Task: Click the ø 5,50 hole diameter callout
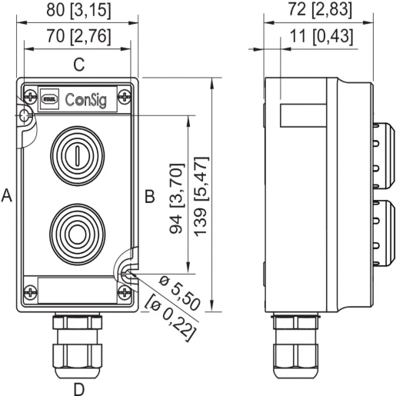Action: [x=179, y=293]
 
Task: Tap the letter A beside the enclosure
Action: [x=7, y=195]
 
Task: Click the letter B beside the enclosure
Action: [x=150, y=196]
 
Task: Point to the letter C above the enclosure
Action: [x=79, y=65]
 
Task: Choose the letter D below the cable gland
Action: [x=79, y=389]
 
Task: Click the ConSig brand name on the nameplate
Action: [x=85, y=100]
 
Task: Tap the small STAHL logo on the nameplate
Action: [x=50, y=99]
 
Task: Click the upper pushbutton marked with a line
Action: [x=77, y=155]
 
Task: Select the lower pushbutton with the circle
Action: [x=77, y=234]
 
